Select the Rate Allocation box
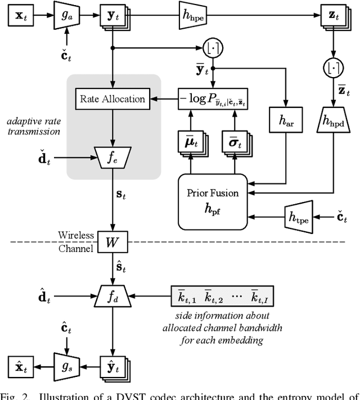[113, 99]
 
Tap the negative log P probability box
[214, 99]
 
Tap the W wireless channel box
[113, 243]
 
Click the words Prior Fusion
[213, 193]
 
